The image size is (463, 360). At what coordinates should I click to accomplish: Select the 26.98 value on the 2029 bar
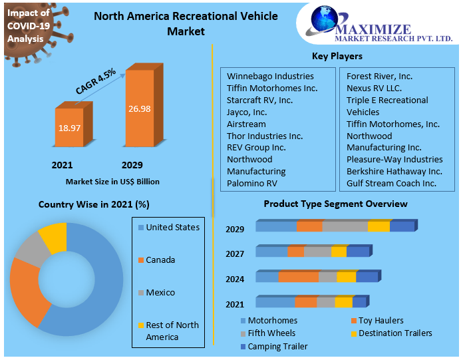pos(139,108)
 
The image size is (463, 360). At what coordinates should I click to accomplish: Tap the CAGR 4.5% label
pos(96,81)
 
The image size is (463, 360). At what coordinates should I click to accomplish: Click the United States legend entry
pos(172,228)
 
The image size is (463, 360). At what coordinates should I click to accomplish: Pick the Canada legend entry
pos(160,260)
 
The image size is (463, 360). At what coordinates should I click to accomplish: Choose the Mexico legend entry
pos(160,293)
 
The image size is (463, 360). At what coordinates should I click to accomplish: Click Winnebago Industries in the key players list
pos(270,76)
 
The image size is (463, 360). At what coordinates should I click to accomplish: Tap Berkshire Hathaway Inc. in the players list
pos(394,171)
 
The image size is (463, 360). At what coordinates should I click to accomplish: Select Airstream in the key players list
pos(246,124)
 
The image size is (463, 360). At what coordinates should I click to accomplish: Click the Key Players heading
pos(337,56)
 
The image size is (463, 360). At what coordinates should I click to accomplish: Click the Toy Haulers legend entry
pos(381,321)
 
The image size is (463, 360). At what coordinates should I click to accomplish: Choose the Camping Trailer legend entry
pos(277,346)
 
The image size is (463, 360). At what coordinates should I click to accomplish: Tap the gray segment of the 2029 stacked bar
pos(345,226)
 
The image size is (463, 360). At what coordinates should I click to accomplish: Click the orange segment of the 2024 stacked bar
pos(298,277)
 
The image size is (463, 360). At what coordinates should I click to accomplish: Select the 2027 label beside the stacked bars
pos(235,254)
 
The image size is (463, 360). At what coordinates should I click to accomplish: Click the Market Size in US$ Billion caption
pos(112,181)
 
